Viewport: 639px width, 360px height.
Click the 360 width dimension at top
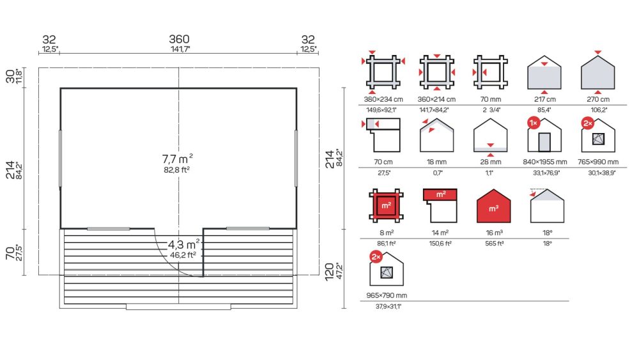(x=180, y=39)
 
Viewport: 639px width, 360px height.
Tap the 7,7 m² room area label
(x=177, y=159)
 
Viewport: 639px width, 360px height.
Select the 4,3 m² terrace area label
(x=184, y=244)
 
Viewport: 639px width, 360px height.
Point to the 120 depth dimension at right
(x=329, y=272)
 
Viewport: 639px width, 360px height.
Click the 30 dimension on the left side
(x=10, y=76)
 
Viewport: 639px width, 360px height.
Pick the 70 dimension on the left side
(x=10, y=253)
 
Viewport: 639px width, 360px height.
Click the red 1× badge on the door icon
(x=534, y=123)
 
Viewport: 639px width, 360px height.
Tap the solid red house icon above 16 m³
(x=493, y=206)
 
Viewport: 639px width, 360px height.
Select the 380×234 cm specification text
(x=383, y=99)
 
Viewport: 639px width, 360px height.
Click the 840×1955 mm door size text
(x=545, y=162)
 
